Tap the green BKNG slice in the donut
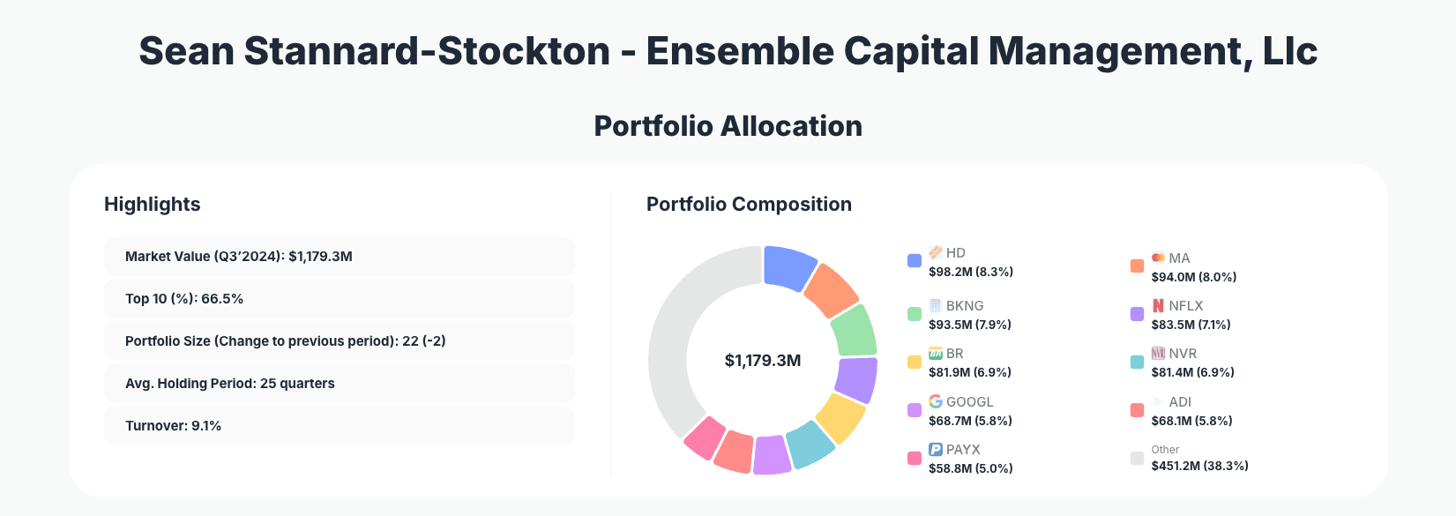tap(854, 330)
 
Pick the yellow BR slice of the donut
tap(840, 417)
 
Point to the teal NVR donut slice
tap(809, 445)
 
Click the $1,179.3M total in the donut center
tap(763, 361)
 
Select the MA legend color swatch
tap(1137, 266)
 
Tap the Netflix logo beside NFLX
tap(1158, 305)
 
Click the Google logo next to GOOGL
tap(936, 401)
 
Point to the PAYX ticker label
tap(963, 450)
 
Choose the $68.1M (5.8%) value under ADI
tap(1191, 421)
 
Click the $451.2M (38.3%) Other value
tap(1199, 466)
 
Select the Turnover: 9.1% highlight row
tap(339, 426)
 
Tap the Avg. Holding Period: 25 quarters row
tap(339, 384)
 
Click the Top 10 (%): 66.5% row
tap(339, 299)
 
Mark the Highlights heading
tap(153, 205)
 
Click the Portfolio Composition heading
tap(749, 205)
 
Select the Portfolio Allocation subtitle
tap(728, 126)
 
